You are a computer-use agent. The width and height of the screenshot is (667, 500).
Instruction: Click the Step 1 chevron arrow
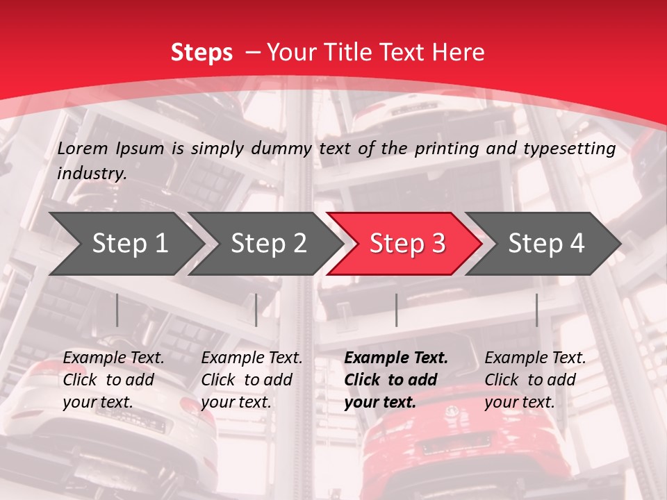[129, 244]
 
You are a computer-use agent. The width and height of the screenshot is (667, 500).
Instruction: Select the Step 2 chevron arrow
[267, 244]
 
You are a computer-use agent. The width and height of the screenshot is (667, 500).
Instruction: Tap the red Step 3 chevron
[406, 244]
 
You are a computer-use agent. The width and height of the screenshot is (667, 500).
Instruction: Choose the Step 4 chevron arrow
[545, 244]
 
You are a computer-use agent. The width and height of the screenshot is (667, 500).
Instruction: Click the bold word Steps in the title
[201, 53]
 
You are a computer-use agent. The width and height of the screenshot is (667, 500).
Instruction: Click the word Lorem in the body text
[83, 148]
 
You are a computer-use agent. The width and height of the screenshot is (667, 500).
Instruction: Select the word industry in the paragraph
[91, 174]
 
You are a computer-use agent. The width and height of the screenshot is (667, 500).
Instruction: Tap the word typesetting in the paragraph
[568, 149]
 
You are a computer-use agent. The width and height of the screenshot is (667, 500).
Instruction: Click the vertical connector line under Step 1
[117, 310]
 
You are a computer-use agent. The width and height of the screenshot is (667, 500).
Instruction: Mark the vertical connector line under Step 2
[256, 310]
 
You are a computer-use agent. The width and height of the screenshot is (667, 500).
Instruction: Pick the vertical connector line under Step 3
[396, 310]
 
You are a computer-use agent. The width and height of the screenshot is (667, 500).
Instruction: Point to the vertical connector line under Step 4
[536, 310]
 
